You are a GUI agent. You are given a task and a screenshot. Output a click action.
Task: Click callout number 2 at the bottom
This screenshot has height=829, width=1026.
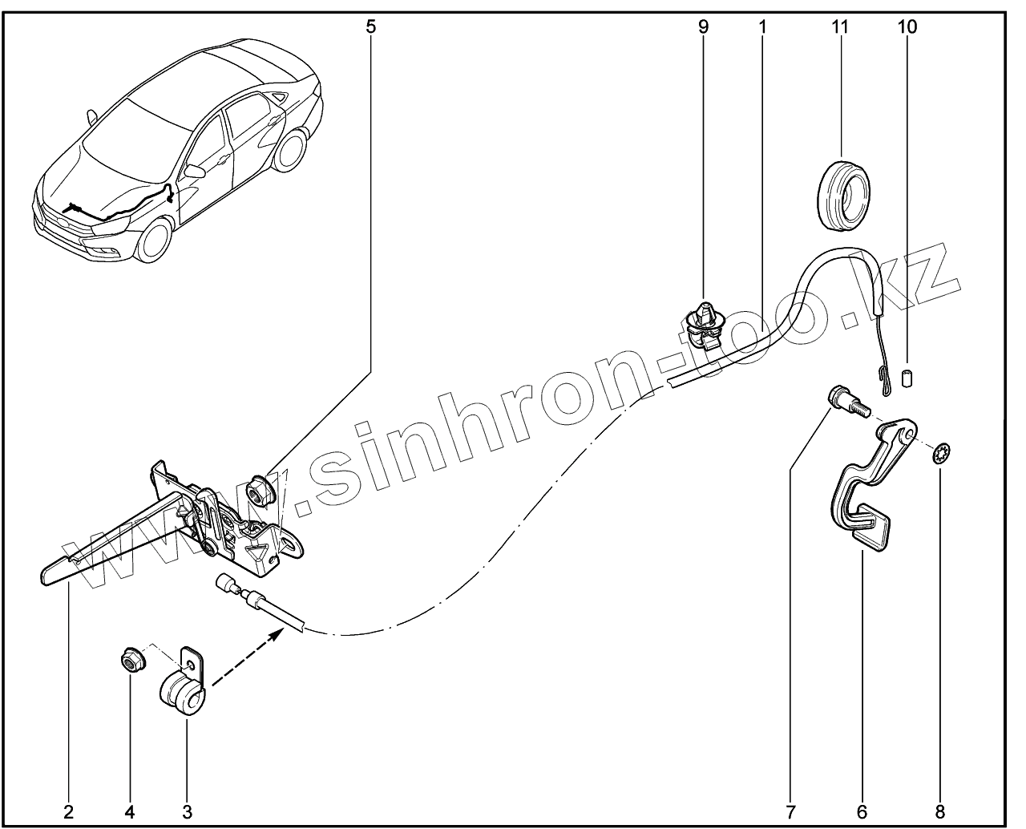[x=68, y=811]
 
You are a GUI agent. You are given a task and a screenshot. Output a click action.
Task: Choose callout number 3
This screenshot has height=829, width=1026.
[x=187, y=811]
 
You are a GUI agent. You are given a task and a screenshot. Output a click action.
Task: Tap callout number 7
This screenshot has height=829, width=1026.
[x=790, y=811]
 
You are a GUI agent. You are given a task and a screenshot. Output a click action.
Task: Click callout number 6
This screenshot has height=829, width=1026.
[x=862, y=811]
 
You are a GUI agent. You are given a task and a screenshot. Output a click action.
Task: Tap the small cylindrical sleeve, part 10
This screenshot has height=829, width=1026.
[x=908, y=378]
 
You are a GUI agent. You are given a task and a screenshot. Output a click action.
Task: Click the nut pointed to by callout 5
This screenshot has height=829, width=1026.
[x=259, y=491]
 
